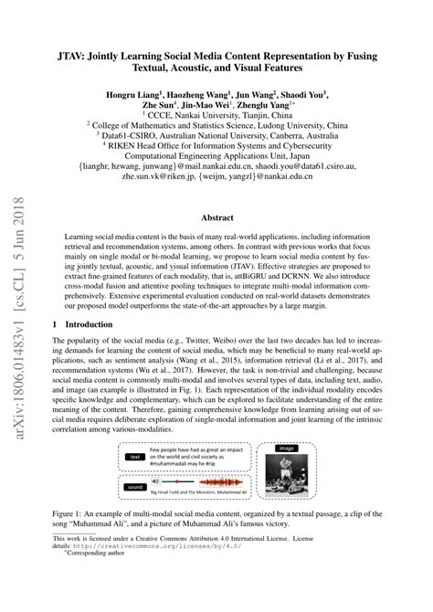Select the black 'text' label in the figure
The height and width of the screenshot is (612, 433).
tap(135, 457)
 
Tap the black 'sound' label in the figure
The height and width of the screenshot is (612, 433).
tap(135, 488)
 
